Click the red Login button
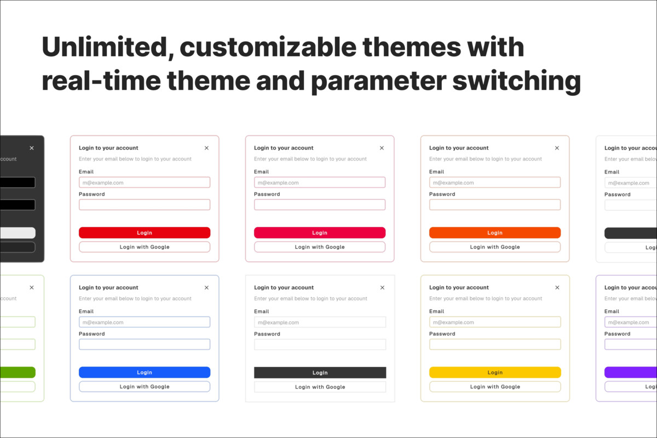tap(145, 233)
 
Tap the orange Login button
tap(495, 233)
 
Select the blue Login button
tap(145, 372)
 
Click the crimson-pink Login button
tap(320, 233)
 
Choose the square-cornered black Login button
tap(320, 372)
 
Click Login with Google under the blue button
tap(145, 387)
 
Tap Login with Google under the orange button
tap(495, 247)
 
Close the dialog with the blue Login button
tap(206, 287)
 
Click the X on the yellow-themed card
tap(557, 287)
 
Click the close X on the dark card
tap(32, 148)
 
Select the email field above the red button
tap(145, 182)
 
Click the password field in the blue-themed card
tap(145, 344)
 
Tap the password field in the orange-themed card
tap(495, 205)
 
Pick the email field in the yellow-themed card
tap(495, 322)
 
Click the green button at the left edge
tap(18, 372)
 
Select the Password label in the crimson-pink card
tap(267, 194)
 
